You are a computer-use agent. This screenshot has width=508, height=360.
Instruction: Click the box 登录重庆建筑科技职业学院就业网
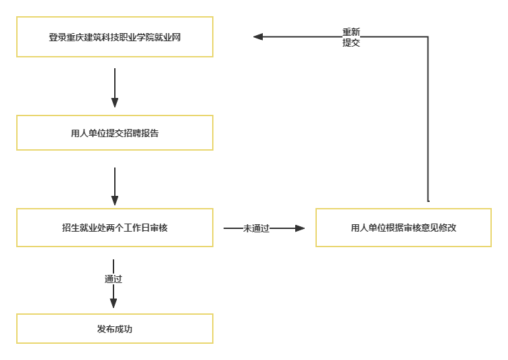click(x=115, y=37)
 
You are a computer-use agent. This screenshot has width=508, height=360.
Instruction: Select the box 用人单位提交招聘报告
click(x=115, y=133)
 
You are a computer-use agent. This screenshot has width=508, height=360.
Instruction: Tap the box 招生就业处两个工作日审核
click(x=115, y=228)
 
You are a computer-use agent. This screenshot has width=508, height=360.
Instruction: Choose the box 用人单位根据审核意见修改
click(x=403, y=228)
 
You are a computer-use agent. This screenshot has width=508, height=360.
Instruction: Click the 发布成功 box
click(x=115, y=329)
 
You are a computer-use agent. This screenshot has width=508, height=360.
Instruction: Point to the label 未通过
click(x=256, y=228)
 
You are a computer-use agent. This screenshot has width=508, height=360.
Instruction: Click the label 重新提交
click(x=351, y=37)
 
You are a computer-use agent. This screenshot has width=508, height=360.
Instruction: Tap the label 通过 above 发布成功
click(x=113, y=279)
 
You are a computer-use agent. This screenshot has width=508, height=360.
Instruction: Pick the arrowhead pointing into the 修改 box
click(x=301, y=228)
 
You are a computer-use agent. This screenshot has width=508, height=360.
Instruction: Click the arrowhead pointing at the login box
click(x=258, y=36)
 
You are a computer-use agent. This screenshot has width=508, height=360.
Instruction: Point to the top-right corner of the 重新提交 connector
click(x=428, y=36)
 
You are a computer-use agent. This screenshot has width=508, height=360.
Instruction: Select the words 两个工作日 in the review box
click(x=128, y=228)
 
